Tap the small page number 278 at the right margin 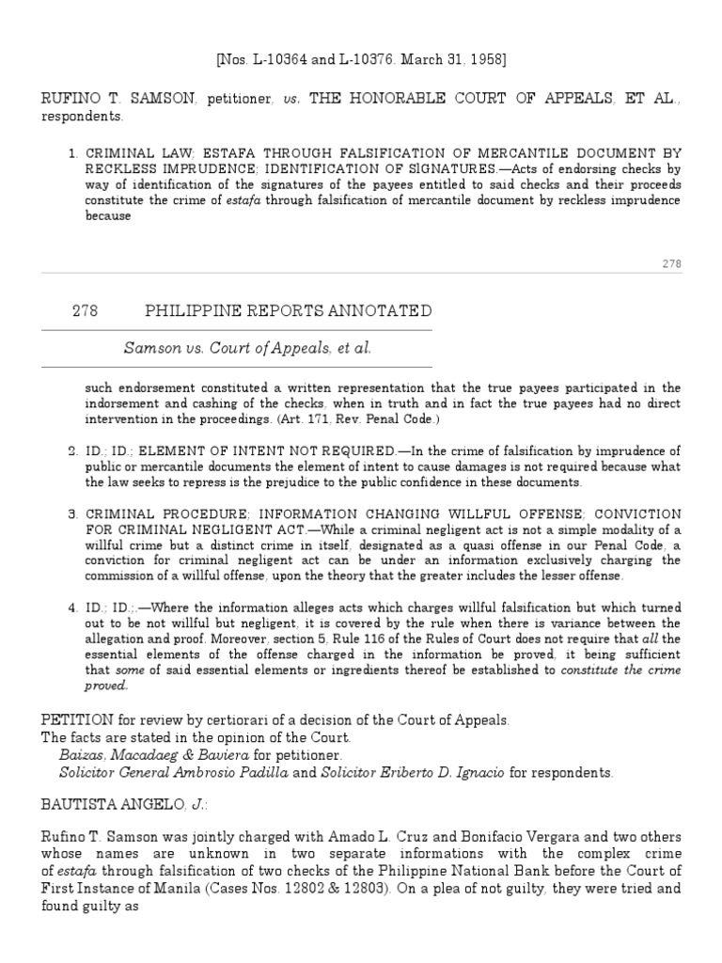coord(671,264)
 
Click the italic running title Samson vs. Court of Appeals coord(248,348)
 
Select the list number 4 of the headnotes coord(72,607)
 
